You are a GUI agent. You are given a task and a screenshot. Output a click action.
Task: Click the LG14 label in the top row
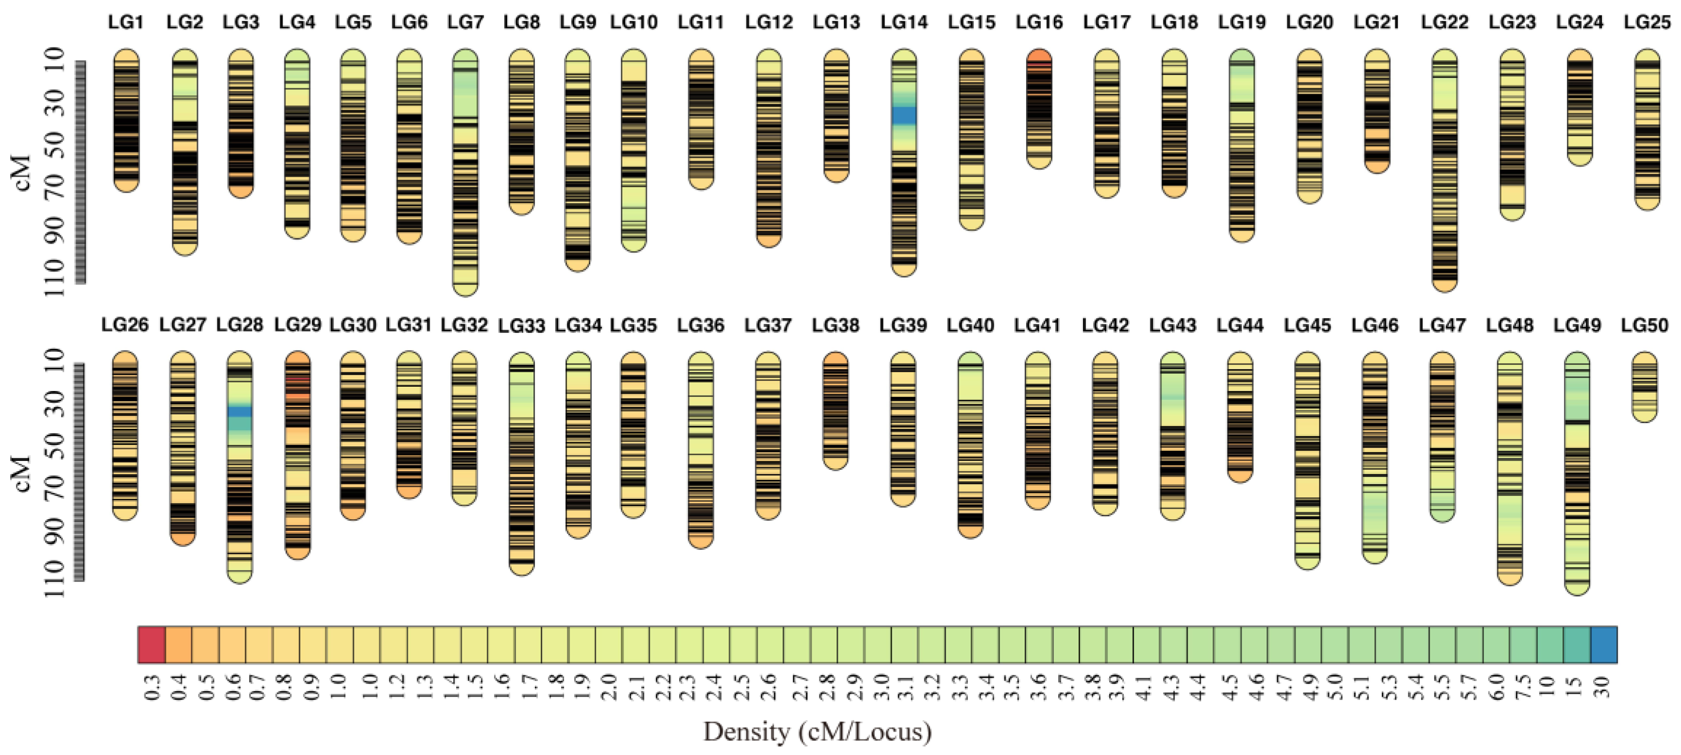point(904,22)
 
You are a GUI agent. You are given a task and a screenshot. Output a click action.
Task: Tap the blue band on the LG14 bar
point(904,115)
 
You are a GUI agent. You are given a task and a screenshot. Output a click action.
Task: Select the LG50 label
point(1645,325)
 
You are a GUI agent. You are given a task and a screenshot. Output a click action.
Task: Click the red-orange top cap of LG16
point(1039,57)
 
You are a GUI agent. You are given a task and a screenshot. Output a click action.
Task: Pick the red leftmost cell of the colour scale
point(151,645)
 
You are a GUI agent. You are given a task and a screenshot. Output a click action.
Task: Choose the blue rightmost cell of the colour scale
point(1603,645)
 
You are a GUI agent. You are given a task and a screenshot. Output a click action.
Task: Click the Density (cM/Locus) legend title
point(817,732)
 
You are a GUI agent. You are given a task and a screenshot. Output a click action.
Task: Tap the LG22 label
point(1444,22)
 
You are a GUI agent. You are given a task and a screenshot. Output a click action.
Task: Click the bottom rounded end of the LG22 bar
point(1444,285)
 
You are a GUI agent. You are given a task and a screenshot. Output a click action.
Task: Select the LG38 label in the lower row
point(835,325)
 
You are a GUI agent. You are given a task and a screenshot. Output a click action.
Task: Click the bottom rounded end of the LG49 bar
point(1577,589)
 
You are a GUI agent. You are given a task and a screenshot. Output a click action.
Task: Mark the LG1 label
point(125,22)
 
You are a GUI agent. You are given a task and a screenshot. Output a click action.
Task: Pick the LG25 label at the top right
point(1647,22)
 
